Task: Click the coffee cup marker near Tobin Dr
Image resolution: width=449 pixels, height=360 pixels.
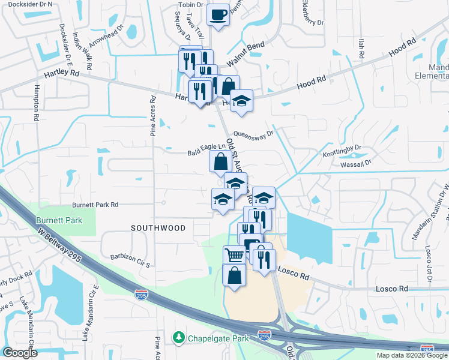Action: click(x=218, y=14)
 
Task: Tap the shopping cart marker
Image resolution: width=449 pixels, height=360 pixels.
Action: click(x=234, y=256)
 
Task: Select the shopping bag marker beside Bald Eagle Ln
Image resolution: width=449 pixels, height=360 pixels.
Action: click(x=220, y=161)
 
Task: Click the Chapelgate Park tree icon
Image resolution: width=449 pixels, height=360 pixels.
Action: click(x=178, y=338)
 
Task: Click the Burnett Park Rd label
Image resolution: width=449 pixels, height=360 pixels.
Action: click(x=95, y=205)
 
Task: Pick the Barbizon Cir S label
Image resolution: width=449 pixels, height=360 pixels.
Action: click(x=130, y=256)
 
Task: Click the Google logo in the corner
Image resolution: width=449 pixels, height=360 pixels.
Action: click(x=20, y=353)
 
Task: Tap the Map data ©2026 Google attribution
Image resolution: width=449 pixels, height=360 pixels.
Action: click(x=412, y=355)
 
